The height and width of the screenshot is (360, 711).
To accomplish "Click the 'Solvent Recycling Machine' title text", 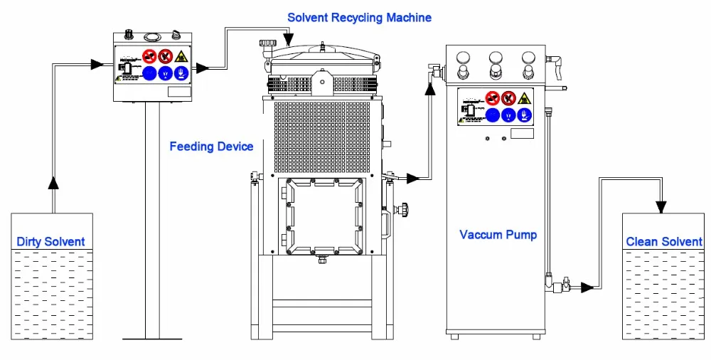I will click(x=359, y=17).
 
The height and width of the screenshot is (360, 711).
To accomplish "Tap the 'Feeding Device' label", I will click(x=211, y=147).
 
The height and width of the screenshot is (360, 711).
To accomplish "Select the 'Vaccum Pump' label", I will click(x=498, y=235).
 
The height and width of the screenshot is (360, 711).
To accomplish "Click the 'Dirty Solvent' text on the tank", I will click(x=50, y=242).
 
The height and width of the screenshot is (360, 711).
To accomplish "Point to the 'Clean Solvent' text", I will click(x=663, y=242).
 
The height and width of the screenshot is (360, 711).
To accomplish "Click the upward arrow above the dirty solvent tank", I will click(x=53, y=183).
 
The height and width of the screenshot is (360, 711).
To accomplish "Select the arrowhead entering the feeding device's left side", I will click(x=98, y=65).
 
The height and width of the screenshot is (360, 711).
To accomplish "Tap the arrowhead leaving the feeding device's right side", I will click(x=202, y=68).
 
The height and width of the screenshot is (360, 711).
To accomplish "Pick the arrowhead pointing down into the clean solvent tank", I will click(x=661, y=207).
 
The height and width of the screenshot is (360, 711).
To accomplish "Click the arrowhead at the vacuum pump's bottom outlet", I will click(x=587, y=287).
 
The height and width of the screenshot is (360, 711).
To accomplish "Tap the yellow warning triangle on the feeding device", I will click(x=181, y=55).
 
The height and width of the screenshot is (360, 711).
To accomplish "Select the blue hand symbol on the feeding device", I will click(x=181, y=73).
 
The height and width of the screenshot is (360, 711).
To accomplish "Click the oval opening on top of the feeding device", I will click(x=151, y=36).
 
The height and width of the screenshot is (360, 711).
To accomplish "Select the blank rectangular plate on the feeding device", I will click(x=179, y=91).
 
